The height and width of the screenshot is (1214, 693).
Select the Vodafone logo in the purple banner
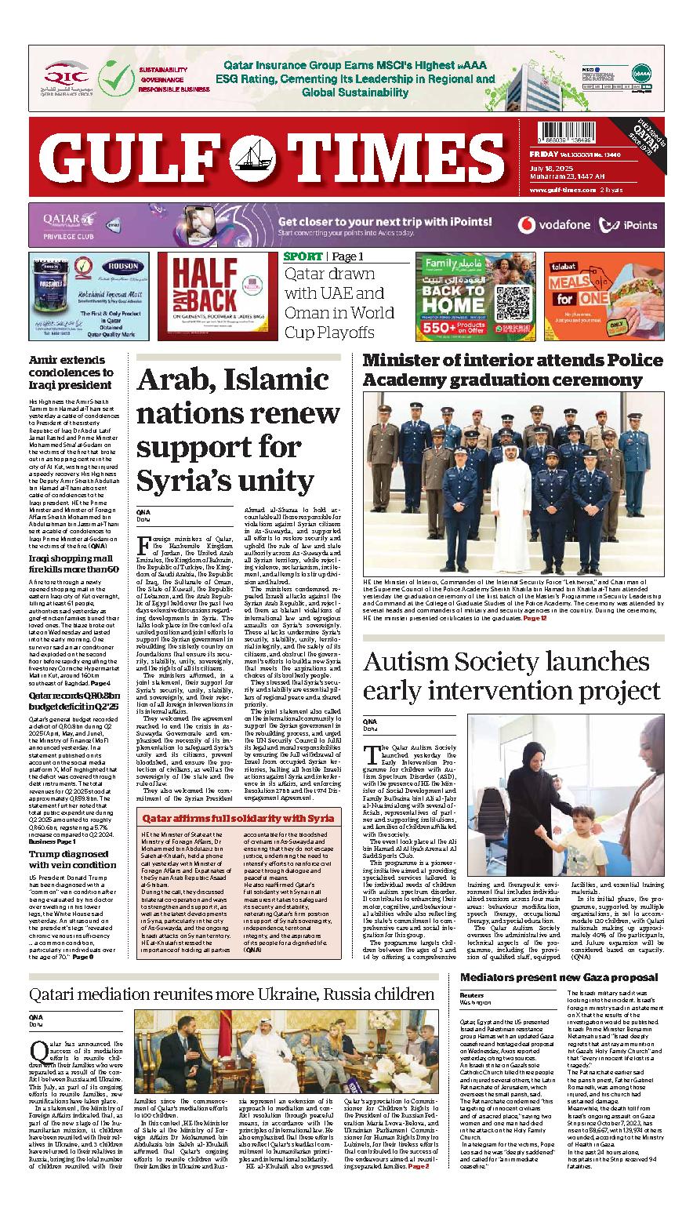[553, 225]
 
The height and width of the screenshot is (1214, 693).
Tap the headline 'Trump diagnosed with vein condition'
[72, 859]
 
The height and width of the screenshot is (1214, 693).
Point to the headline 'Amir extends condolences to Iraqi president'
[72, 373]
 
